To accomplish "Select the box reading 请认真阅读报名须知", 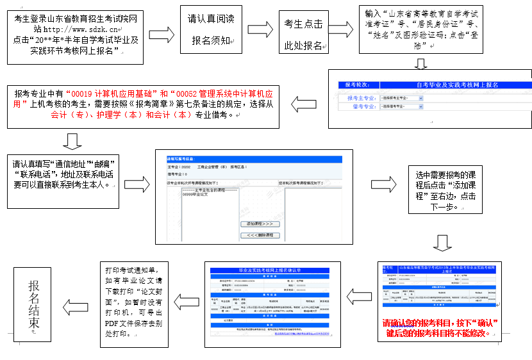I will (x=210, y=31).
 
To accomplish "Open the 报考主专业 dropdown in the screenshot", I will (x=401, y=98).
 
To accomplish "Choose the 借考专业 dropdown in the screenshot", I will (x=401, y=107).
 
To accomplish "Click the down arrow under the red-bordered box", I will (x=73, y=141).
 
